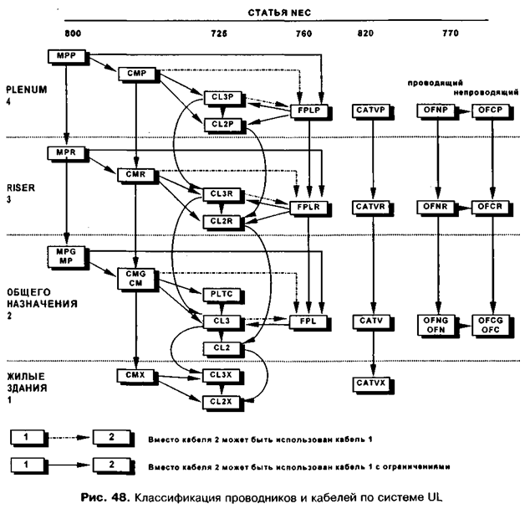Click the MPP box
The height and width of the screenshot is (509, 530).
[67, 55]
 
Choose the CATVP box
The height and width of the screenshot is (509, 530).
[369, 110]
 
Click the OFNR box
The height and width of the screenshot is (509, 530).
[437, 206]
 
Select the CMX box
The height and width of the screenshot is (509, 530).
[135, 375]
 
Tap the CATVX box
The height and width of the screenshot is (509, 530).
[369, 383]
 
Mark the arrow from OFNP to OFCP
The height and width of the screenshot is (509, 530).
[464, 110]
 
